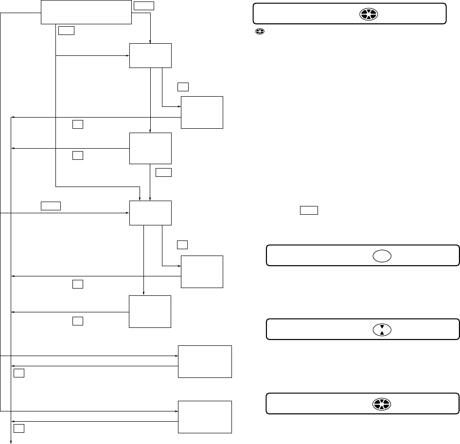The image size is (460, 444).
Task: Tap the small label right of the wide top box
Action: tap(143, 6)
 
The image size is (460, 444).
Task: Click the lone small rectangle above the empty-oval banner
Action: tap(309, 210)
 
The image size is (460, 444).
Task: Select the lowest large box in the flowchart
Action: tap(205, 417)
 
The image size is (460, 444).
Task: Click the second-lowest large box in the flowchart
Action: tap(205, 361)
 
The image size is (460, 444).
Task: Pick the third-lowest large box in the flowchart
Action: tap(150, 312)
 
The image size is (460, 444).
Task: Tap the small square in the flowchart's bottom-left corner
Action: tap(18, 428)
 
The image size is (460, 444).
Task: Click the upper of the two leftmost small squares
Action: tap(18, 373)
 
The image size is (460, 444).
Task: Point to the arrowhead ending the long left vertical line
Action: tap(12, 442)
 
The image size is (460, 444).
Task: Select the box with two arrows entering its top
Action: tap(150, 213)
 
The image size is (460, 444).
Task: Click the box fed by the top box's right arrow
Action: tap(150, 56)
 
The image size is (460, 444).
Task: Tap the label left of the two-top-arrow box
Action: tap(51, 205)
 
